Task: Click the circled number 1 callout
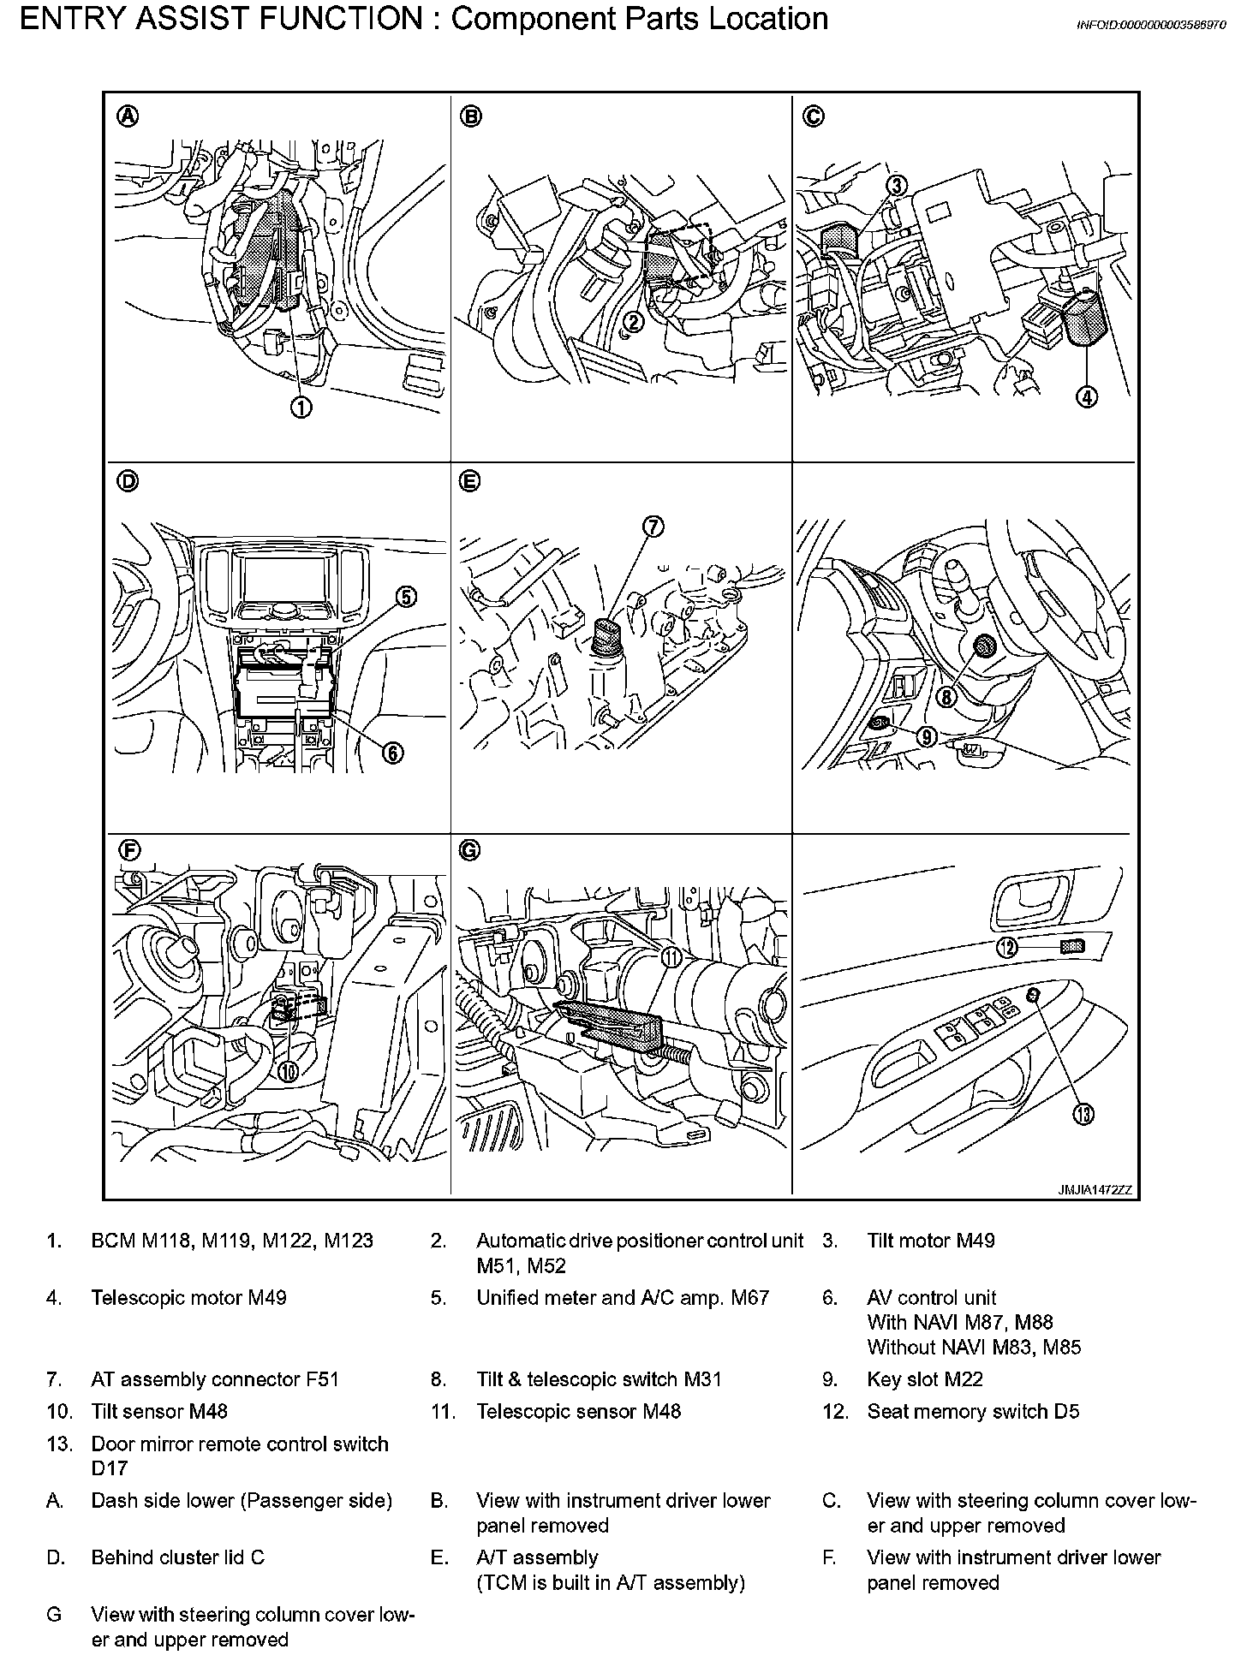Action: click(x=301, y=408)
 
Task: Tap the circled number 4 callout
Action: click(x=1087, y=397)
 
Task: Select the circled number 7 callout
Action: click(x=653, y=527)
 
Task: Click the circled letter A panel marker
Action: click(x=127, y=117)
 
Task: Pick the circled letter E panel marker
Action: click(x=468, y=482)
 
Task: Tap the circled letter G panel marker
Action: click(x=469, y=850)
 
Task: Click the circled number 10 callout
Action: click(x=288, y=1071)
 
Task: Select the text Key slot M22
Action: click(x=924, y=1379)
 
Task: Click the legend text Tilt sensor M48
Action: click(x=159, y=1411)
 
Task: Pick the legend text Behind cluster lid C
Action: click(x=177, y=1557)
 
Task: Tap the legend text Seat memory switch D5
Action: click(x=973, y=1411)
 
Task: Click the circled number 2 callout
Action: click(x=633, y=322)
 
